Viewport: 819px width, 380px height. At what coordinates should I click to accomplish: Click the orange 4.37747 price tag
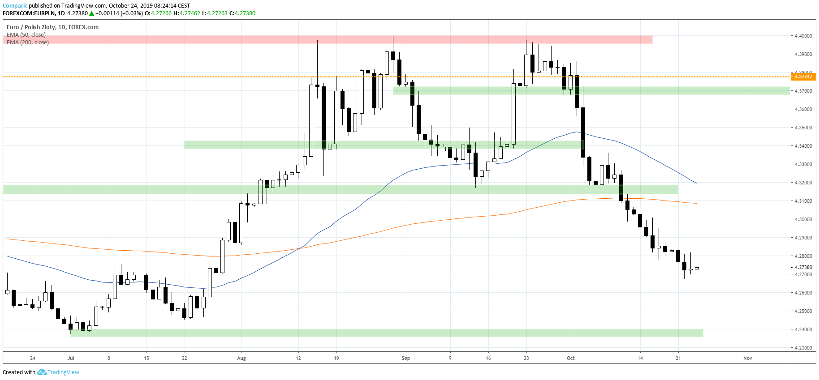point(803,77)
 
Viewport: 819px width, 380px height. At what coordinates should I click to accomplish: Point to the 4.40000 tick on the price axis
point(803,36)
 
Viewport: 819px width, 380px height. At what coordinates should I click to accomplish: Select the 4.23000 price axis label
point(803,348)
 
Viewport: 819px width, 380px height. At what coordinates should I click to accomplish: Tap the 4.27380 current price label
point(803,267)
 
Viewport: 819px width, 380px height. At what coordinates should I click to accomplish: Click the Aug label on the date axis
point(241,358)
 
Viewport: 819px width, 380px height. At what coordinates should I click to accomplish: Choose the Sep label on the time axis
point(406,358)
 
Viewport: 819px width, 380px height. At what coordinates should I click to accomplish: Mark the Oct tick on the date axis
point(571,358)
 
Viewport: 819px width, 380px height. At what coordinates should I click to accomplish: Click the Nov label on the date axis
point(747,358)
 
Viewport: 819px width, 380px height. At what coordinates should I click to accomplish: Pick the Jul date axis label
point(71,358)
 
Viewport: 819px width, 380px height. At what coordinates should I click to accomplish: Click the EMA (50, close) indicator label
point(26,35)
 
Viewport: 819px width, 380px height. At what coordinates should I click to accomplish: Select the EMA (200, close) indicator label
point(28,43)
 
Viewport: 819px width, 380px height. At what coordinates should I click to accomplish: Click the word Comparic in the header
point(15,6)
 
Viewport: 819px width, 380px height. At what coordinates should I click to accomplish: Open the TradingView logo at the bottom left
point(58,372)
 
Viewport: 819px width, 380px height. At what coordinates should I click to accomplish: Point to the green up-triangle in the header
point(91,13)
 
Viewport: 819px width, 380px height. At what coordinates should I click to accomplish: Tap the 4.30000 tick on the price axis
point(803,219)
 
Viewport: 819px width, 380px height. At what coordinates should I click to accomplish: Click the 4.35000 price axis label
point(803,128)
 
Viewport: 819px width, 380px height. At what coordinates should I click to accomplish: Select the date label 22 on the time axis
point(185,358)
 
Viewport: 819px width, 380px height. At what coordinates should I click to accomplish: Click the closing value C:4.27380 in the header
point(242,13)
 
